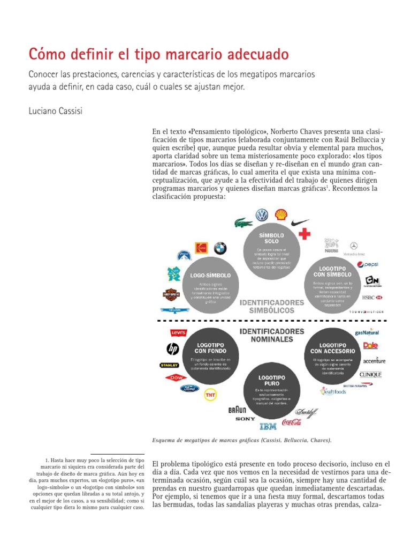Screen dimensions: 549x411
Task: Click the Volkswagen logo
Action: coord(262,215)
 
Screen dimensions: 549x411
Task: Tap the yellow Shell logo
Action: coord(281,215)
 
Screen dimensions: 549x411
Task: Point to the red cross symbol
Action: coord(305,234)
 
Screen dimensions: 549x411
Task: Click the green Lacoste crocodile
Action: coord(243,222)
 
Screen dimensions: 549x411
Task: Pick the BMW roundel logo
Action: coord(220,248)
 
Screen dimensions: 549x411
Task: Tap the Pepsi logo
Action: coord(368,264)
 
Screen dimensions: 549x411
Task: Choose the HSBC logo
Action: coord(372,297)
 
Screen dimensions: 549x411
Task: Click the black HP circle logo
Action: coord(172,349)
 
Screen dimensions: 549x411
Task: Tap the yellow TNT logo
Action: coord(210,395)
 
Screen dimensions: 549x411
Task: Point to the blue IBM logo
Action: coord(268,426)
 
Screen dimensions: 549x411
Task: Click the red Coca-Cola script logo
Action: coord(292,422)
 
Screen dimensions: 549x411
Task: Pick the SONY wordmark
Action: coord(245,418)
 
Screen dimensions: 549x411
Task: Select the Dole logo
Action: coord(371,346)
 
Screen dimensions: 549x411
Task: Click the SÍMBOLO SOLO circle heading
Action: coord(268,238)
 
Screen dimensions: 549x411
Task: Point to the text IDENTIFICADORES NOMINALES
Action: coord(272,335)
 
